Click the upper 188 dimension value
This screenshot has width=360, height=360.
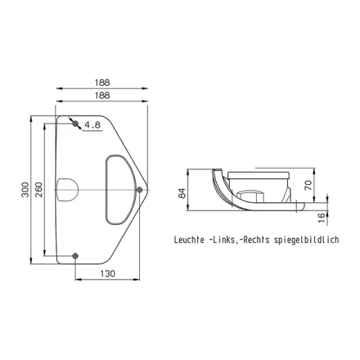(102, 82)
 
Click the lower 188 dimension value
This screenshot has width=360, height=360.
(102, 96)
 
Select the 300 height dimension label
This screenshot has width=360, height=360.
(26, 190)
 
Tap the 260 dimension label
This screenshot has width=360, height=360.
(39, 190)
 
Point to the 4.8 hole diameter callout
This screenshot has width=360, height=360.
(93, 125)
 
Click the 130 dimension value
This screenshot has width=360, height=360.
(107, 273)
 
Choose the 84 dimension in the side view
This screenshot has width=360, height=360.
(182, 193)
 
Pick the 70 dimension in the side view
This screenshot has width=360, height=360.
(308, 186)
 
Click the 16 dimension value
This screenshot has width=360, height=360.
(321, 217)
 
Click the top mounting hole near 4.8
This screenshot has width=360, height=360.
(75, 124)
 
